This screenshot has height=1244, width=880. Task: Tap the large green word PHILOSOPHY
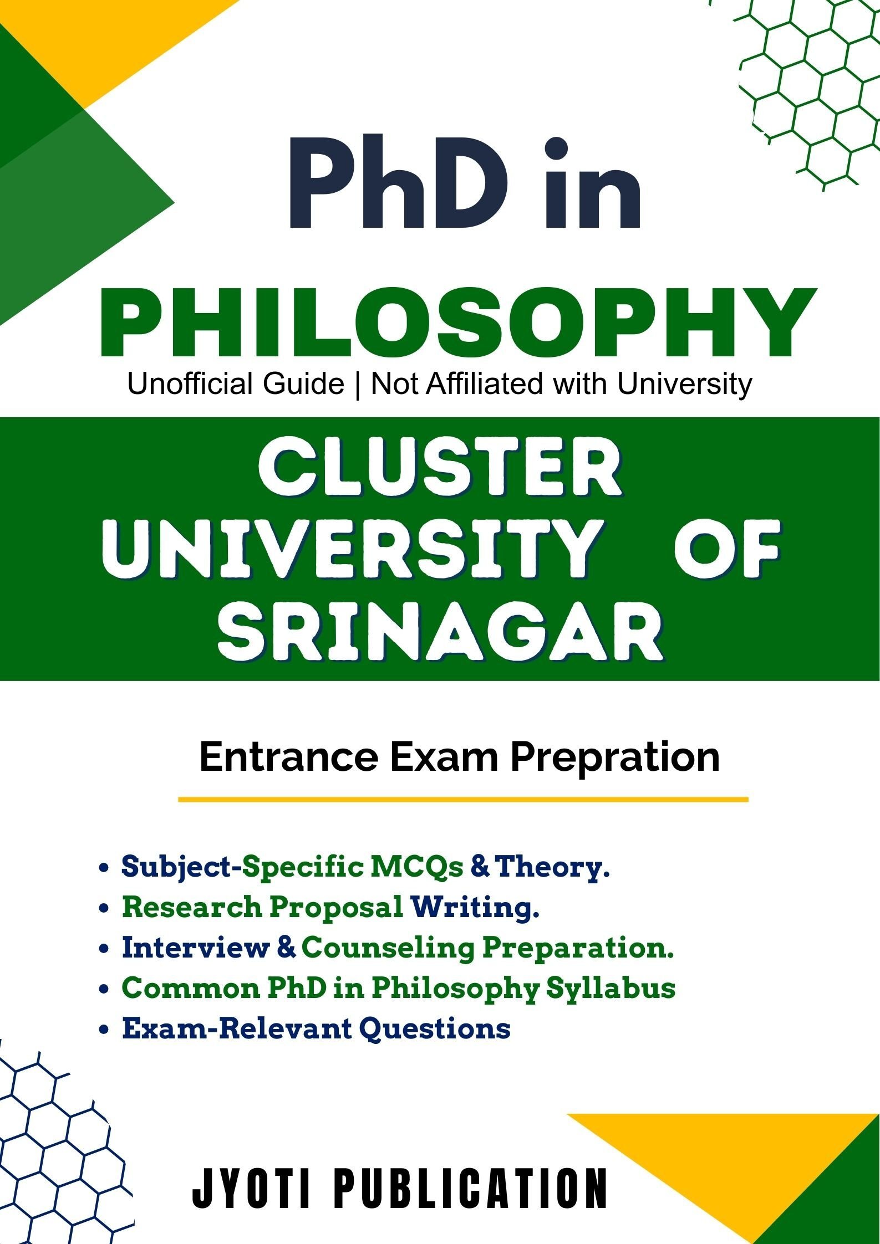pos(457,323)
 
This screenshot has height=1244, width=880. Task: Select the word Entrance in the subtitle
pos(288,757)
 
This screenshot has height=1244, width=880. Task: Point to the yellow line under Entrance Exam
pos(463,800)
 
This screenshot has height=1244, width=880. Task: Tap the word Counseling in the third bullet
pos(388,949)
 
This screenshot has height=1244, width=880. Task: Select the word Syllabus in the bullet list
pos(611,990)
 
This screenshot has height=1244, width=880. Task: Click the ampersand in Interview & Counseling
pos(286,949)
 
